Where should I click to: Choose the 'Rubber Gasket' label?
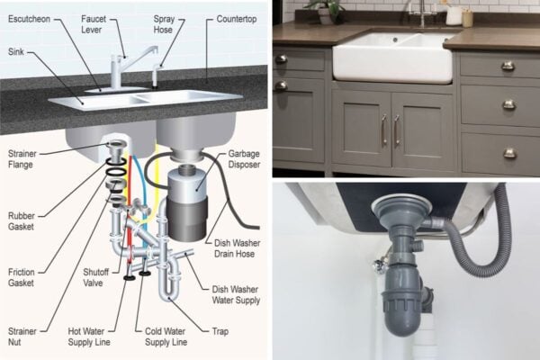point(22,221)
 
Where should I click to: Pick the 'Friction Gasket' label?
point(22,276)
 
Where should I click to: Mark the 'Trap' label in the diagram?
point(219,331)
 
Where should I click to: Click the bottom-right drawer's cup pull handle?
point(509,153)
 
